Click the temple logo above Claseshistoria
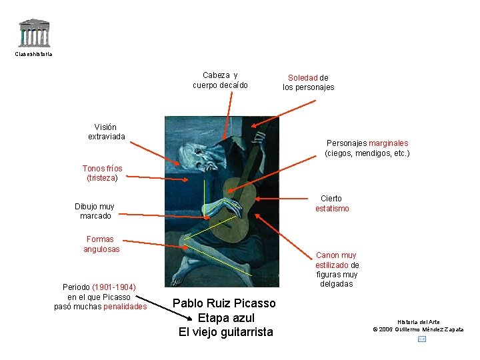click(x=33, y=32)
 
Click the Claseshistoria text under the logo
click(x=33, y=54)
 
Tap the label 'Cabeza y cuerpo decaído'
click(x=220, y=80)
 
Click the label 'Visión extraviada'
click(x=105, y=131)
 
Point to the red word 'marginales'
click(x=388, y=143)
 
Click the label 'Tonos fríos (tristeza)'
click(x=102, y=173)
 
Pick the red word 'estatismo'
click(x=332, y=209)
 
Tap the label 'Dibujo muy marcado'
click(x=95, y=211)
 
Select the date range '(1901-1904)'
click(x=114, y=287)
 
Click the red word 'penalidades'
click(x=125, y=307)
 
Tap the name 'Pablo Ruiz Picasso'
click(x=224, y=303)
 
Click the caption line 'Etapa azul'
click(x=226, y=317)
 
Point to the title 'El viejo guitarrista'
click(x=226, y=331)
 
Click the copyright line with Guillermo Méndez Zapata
click(x=418, y=329)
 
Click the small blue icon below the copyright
click(x=421, y=339)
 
